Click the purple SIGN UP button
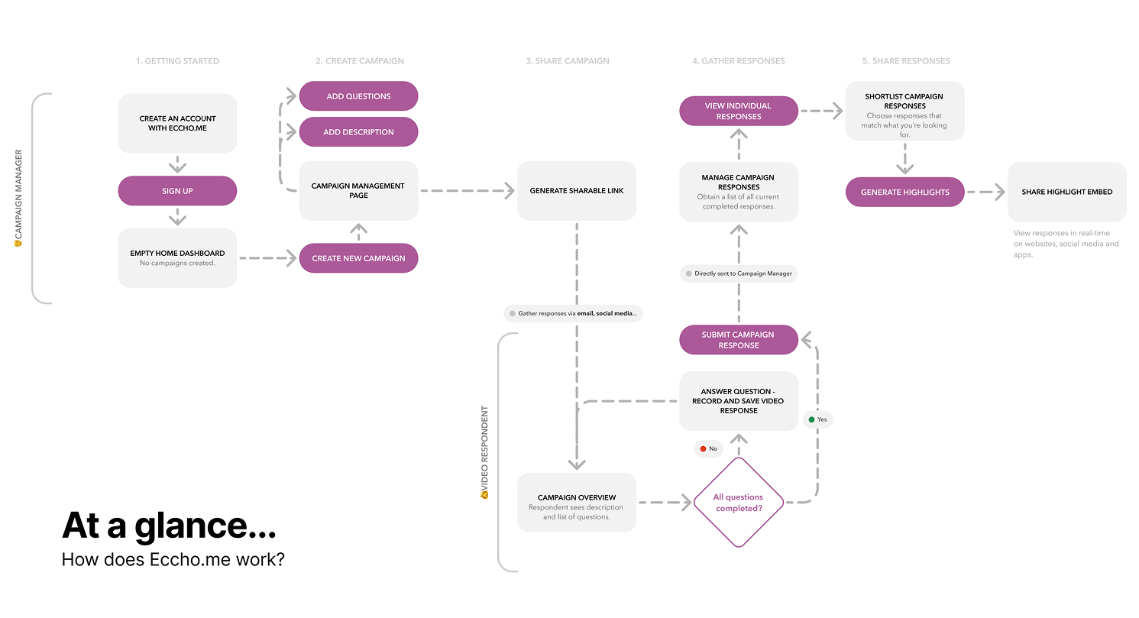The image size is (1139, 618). click(177, 191)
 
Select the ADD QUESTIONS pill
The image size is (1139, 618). click(358, 96)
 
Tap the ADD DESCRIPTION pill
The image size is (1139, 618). click(358, 132)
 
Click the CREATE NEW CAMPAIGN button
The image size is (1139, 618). click(358, 258)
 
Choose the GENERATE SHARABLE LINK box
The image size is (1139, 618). click(577, 191)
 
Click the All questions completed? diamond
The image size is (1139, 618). click(738, 503)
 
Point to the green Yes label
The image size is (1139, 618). click(817, 419)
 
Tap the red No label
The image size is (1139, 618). click(708, 448)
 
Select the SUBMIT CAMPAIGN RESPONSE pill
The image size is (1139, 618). click(738, 340)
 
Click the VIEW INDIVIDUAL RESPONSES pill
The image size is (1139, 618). click(738, 111)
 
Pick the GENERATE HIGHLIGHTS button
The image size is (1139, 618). click(904, 193)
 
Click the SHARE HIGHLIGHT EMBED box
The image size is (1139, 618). click(1066, 192)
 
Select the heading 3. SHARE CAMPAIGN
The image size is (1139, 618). click(568, 61)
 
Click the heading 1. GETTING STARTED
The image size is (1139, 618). click(177, 61)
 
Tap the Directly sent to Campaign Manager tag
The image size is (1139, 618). click(738, 273)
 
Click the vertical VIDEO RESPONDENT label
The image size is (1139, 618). click(484, 451)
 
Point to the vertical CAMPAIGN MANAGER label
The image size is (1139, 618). click(19, 198)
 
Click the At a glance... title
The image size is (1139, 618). click(169, 526)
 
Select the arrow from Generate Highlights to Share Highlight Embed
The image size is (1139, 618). click(986, 193)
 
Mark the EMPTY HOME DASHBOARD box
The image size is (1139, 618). click(177, 258)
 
